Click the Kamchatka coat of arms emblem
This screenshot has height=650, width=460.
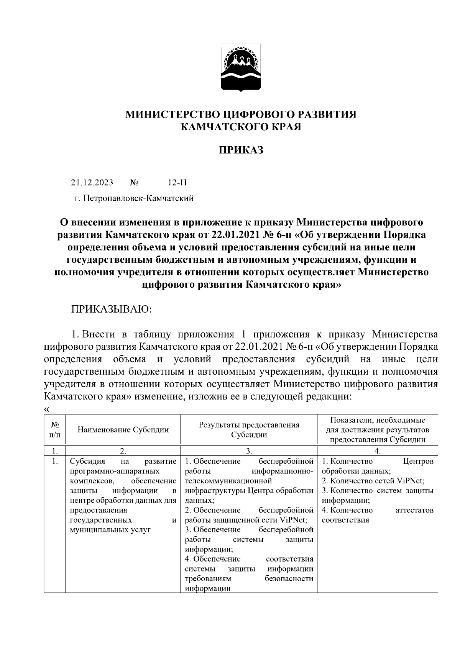point(241,68)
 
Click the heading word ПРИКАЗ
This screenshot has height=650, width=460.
point(241,150)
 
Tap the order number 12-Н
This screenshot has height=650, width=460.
point(177,182)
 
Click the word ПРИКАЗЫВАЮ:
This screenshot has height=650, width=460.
point(112,309)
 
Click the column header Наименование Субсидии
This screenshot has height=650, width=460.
point(123,429)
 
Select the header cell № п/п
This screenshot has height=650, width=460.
point(55,429)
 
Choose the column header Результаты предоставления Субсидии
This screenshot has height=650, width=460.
point(249,429)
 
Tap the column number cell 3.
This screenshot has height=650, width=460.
point(249,451)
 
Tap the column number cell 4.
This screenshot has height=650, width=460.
point(377,451)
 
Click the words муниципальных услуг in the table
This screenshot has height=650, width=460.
point(110,530)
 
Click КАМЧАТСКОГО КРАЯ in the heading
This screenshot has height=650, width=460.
point(241,127)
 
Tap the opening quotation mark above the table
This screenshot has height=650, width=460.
point(47,409)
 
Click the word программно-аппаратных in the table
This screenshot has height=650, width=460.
point(115,471)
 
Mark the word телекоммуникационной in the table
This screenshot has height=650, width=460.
point(228,481)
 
